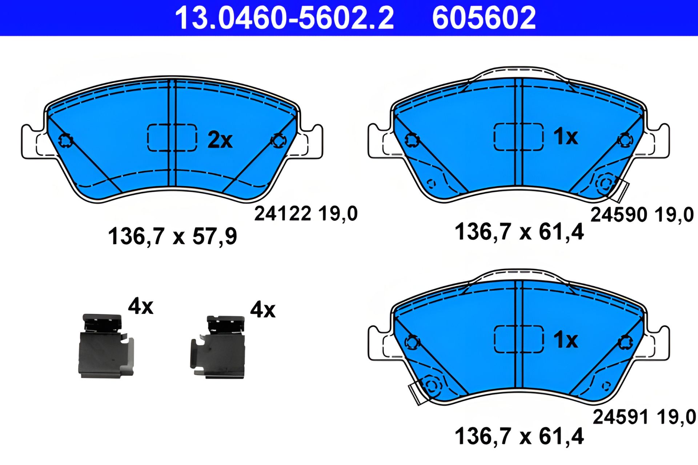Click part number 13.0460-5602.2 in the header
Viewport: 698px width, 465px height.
(284, 18)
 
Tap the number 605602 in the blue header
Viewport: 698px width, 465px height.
(484, 18)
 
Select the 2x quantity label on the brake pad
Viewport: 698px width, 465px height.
(220, 139)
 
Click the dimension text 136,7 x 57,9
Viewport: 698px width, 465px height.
(172, 236)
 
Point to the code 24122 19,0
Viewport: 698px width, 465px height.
(306, 213)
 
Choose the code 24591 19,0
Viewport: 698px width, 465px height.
(644, 417)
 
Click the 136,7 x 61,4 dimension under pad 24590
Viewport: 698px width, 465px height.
(519, 232)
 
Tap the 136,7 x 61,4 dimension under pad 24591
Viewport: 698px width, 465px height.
(519, 436)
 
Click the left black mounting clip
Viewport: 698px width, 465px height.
(105, 347)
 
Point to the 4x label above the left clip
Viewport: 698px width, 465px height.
(140, 306)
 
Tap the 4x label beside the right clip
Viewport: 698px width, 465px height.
(262, 310)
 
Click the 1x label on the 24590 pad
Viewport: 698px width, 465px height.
(565, 137)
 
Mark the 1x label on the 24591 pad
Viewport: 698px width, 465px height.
(565, 340)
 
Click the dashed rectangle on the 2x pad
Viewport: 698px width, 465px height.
(172, 137)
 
